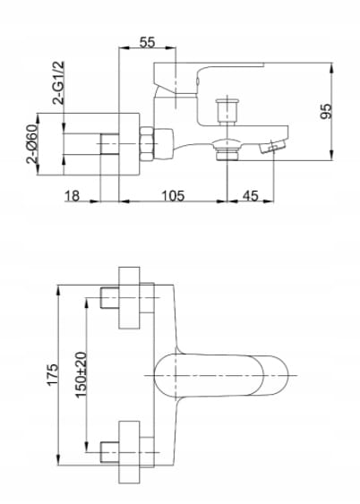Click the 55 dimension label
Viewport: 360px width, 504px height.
(x=147, y=42)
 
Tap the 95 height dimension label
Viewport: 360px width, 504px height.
(x=326, y=111)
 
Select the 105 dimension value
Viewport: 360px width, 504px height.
(x=173, y=195)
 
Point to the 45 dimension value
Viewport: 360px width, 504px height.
(x=251, y=195)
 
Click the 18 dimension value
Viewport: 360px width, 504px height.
(x=72, y=195)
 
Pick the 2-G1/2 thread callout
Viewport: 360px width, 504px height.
(x=58, y=83)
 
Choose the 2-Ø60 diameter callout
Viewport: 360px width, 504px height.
(x=32, y=143)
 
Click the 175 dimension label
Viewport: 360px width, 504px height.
(x=53, y=374)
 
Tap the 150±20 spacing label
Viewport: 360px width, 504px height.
(x=81, y=375)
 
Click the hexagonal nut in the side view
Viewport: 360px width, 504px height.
(x=146, y=143)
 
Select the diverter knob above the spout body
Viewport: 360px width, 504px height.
(x=227, y=111)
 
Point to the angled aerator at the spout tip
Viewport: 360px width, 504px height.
(x=272, y=146)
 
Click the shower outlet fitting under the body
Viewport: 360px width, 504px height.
(x=227, y=149)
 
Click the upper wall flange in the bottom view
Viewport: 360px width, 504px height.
(x=129, y=297)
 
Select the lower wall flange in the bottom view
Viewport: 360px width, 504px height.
(x=129, y=452)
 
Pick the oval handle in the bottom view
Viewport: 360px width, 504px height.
(x=221, y=375)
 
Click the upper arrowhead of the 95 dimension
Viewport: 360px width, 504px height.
(x=332, y=67)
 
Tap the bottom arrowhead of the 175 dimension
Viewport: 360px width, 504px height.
(x=58, y=460)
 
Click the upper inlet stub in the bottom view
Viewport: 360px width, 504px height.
(x=109, y=297)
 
